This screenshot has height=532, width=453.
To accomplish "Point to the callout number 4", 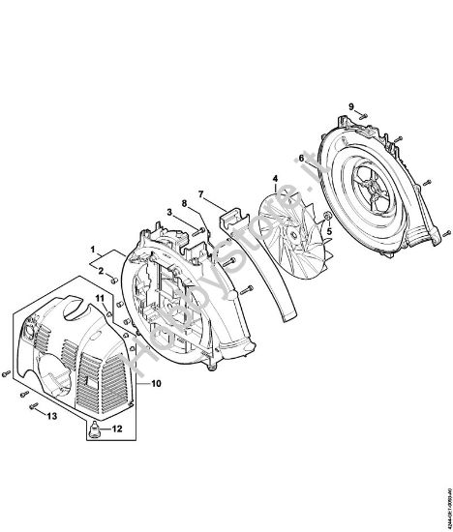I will click(275, 178).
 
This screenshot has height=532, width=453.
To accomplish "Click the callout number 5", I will click(327, 230).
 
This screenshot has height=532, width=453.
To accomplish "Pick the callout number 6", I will click(301, 157).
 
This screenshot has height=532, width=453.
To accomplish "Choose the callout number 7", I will click(201, 194).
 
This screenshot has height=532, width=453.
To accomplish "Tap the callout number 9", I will click(352, 104).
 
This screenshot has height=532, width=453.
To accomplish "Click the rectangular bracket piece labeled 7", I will click(228, 222).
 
